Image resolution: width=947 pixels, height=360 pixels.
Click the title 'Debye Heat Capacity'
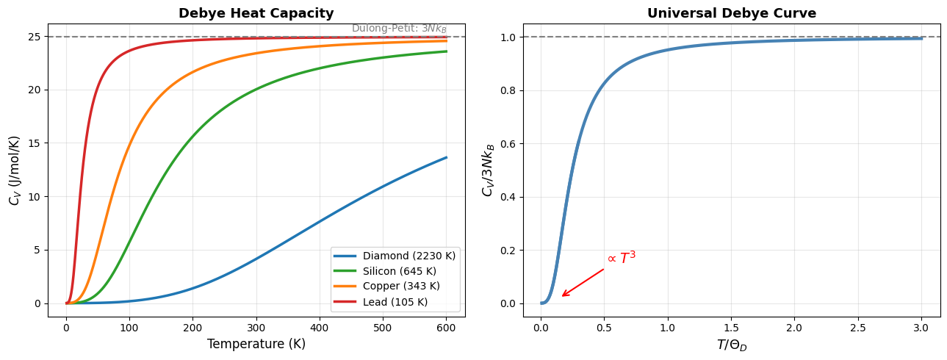(256, 13)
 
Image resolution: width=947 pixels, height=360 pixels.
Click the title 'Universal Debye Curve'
(731, 13)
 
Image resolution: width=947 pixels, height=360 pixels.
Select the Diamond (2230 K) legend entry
(409, 256)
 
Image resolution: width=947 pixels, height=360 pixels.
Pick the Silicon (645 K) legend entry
(399, 271)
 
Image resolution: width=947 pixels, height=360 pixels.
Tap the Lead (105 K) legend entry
(395, 302)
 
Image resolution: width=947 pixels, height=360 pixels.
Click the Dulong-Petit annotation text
(399, 29)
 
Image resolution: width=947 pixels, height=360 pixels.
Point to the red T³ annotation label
(622, 258)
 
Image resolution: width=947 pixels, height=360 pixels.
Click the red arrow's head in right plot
(562, 296)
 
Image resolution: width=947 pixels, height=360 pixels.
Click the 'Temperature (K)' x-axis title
(256, 344)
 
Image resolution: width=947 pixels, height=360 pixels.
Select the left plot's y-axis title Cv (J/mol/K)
(15, 170)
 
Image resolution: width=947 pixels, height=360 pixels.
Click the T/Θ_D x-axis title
(731, 345)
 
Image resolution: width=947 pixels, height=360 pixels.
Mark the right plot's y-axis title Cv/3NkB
(488, 170)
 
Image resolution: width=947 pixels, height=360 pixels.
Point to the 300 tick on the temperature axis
(256, 325)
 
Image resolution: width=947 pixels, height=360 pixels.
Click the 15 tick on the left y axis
(35, 143)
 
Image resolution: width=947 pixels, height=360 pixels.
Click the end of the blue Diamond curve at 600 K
(446, 157)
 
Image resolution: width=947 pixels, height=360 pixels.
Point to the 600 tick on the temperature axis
(446, 325)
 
